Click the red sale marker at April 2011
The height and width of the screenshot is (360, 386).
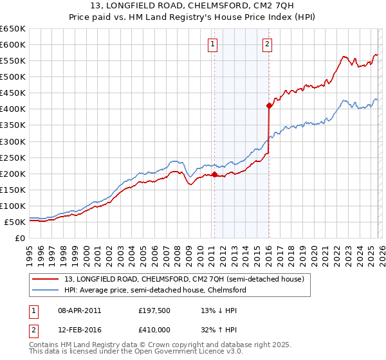tap(214, 174)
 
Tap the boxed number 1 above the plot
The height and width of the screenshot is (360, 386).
tap(213, 44)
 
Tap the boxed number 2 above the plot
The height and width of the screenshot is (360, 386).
tap(267, 44)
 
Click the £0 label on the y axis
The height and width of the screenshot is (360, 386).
tap(19, 238)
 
